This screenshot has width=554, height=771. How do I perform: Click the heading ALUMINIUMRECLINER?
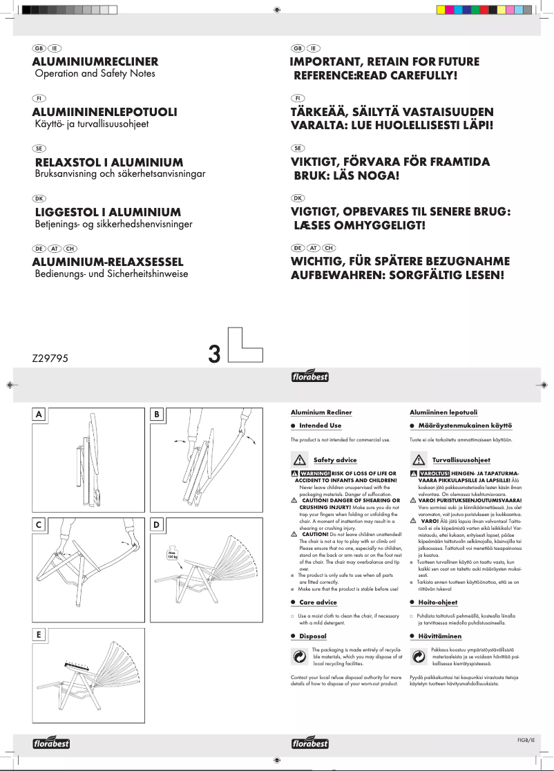[x=95, y=61]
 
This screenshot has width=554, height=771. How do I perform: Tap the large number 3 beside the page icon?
[x=214, y=354]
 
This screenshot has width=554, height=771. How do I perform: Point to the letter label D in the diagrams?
[x=157, y=525]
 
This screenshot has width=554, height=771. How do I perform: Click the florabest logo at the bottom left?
[x=52, y=743]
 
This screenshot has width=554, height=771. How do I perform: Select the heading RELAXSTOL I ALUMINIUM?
[x=108, y=162]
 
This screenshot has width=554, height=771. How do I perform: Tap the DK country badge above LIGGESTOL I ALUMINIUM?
[x=39, y=198]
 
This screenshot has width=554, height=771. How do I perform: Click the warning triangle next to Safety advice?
[x=300, y=460]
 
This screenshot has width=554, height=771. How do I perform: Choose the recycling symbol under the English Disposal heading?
[x=300, y=658]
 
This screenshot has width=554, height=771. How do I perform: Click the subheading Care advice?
[x=318, y=602]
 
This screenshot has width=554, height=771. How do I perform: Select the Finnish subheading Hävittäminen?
[x=439, y=636]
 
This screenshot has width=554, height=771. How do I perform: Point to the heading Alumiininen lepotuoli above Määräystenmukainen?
[x=439, y=412]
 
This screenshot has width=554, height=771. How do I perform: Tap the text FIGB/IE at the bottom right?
[x=526, y=740]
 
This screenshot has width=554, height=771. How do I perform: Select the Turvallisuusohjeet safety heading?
[x=461, y=459]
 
